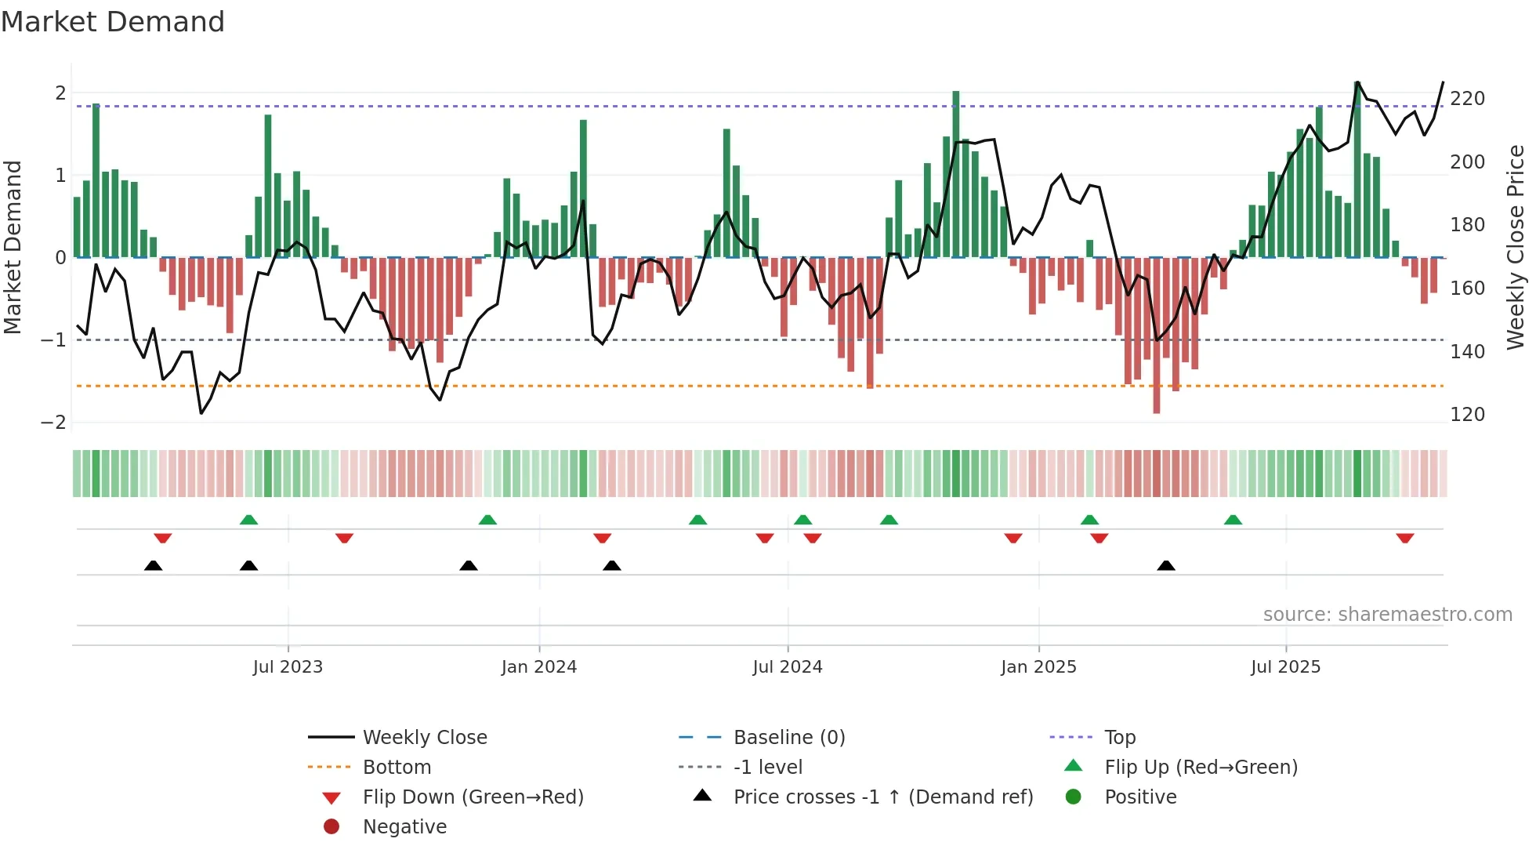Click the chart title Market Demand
113,22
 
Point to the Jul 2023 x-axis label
288,667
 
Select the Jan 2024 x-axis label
539,667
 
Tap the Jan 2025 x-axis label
1038,667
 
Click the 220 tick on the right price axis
1467,99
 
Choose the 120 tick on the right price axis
1467,415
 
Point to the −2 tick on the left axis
54,422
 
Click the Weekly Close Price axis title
1516,247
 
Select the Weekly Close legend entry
424,738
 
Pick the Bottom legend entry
397,768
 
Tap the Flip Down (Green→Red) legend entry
473,797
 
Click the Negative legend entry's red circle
331,827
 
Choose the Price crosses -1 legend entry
882,797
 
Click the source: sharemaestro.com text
1387,615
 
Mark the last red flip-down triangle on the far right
1404,539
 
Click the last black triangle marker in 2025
1166,565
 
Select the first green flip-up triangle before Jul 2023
248,520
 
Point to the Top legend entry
1119,738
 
